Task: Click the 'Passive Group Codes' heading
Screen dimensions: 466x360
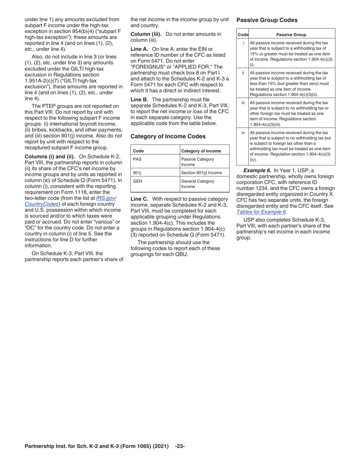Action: coord(267,20)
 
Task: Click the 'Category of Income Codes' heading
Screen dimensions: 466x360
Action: coord(168,136)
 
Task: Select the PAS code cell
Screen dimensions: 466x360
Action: coord(137,159)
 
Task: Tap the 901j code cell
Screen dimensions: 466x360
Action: coord(137,173)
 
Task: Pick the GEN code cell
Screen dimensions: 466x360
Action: coord(137,181)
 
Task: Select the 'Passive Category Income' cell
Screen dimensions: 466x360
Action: coord(197,162)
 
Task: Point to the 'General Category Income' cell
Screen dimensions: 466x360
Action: coord(197,184)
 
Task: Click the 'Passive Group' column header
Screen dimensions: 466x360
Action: coord(291,34)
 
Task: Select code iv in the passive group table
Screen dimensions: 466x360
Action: coord(243,133)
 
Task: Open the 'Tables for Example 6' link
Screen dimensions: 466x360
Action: coord(261,212)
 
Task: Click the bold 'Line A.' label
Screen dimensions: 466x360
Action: coord(139,49)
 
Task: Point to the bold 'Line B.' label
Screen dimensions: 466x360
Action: coord(139,99)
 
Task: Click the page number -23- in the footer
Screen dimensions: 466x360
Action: coord(180,446)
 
